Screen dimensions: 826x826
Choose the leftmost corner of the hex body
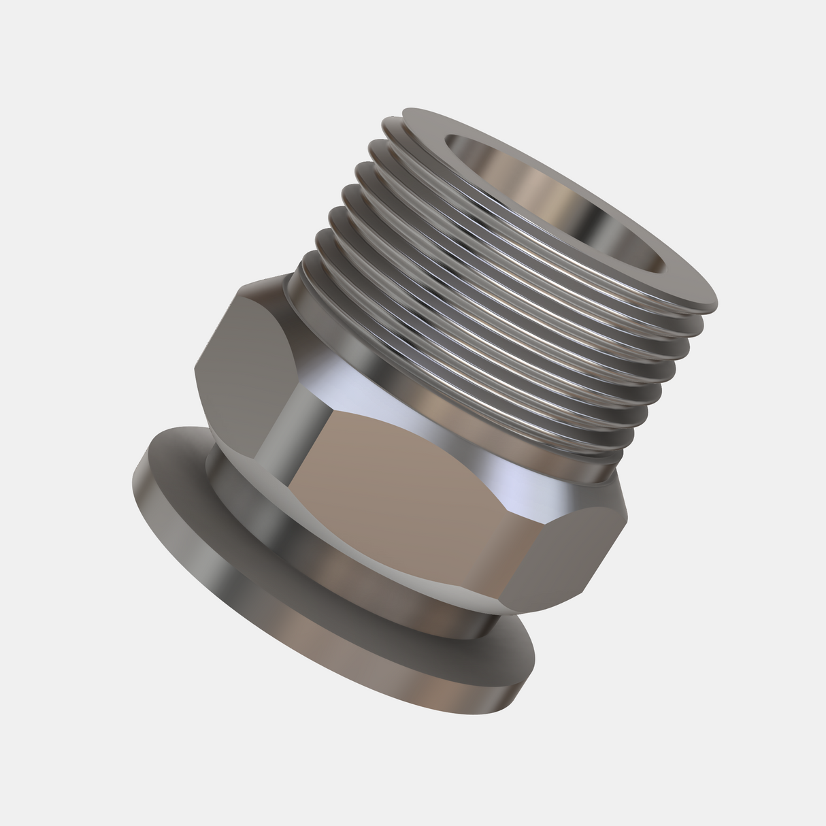(195, 371)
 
